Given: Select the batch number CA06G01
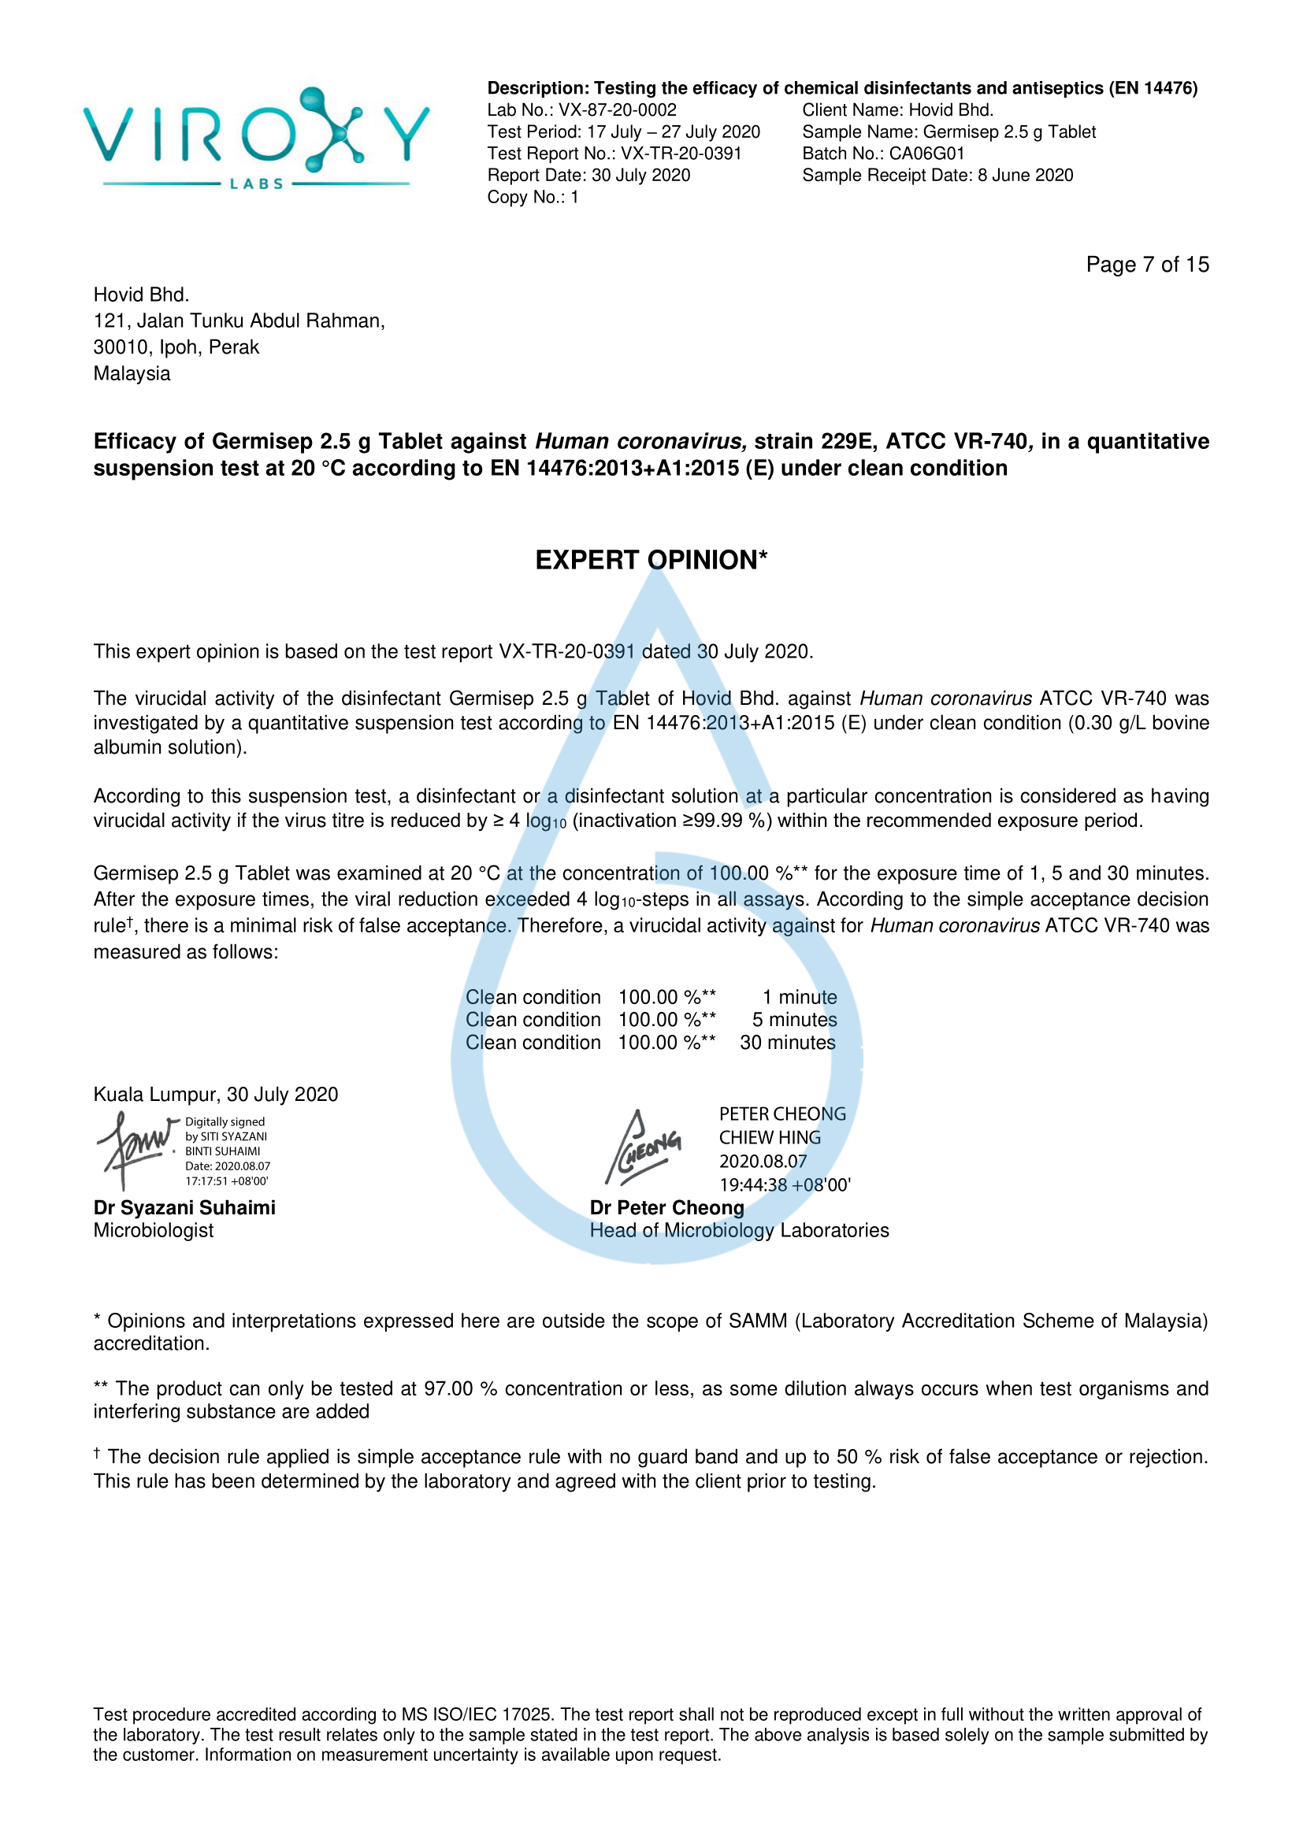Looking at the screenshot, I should [x=926, y=154].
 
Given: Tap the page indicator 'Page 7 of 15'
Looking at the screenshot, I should [x=1146, y=265].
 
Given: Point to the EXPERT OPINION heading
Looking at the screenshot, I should [x=651, y=560].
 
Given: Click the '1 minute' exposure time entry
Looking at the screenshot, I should [x=798, y=997].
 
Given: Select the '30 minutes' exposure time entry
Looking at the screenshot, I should [x=787, y=1042].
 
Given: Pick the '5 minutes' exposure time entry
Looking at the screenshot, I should [x=793, y=1020].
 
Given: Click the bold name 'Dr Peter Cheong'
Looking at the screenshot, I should [x=666, y=1207].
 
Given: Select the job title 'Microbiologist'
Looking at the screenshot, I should [x=154, y=1230].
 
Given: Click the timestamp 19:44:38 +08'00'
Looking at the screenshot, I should [x=785, y=1185].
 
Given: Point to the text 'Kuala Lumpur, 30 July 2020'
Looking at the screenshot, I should [x=216, y=1095].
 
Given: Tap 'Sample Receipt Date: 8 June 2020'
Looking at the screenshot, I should [x=937, y=175].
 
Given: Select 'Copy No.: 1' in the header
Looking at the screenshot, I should [x=533, y=197].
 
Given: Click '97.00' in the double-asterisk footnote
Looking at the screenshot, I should [x=448, y=1388].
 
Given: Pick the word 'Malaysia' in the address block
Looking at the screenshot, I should [x=132, y=374].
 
